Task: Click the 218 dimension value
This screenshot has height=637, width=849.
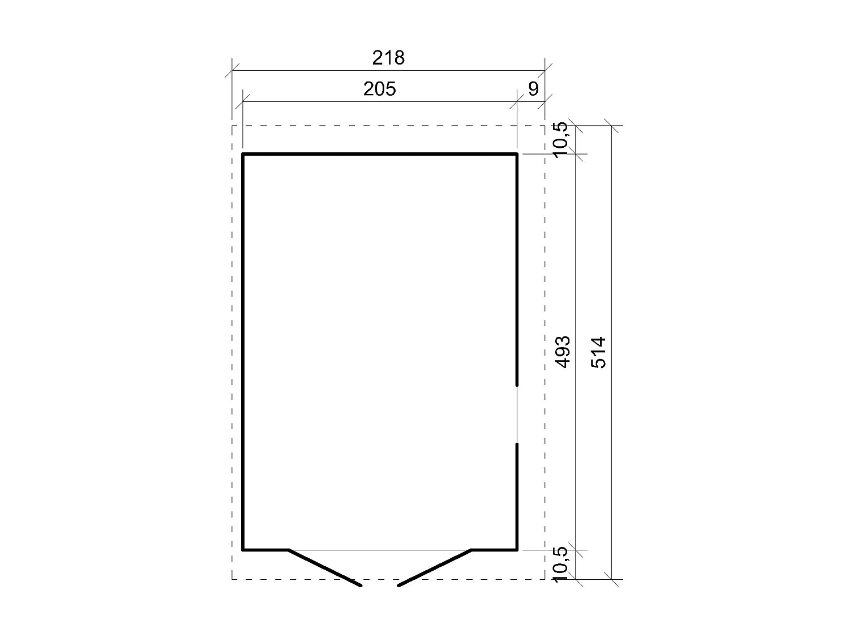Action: point(389,58)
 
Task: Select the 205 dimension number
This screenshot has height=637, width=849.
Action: point(379,89)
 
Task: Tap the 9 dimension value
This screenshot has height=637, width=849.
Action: point(533,89)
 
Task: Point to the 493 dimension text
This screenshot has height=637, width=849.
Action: point(563,352)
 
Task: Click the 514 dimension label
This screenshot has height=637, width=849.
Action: point(598,352)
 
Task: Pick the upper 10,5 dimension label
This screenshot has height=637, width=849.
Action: point(559,139)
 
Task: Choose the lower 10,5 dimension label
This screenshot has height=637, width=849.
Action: point(559,564)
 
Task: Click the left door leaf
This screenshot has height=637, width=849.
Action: point(325,567)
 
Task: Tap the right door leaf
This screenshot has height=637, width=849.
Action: point(435,567)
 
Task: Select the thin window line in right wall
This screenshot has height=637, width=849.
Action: point(517,414)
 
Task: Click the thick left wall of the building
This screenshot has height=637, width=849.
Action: point(243,351)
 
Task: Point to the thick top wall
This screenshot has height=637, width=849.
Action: point(379,153)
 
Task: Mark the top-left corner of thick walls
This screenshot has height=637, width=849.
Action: point(243,153)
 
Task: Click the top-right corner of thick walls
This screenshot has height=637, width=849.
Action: point(517,153)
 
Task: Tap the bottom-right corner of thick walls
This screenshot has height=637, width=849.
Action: point(517,549)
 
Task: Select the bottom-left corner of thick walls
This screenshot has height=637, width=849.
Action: point(243,549)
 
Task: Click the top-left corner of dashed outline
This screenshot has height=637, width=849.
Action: point(232,126)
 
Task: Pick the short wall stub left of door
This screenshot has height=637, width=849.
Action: point(265,549)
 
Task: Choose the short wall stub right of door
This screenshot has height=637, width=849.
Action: point(495,549)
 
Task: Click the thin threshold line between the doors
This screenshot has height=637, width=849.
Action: point(379,549)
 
